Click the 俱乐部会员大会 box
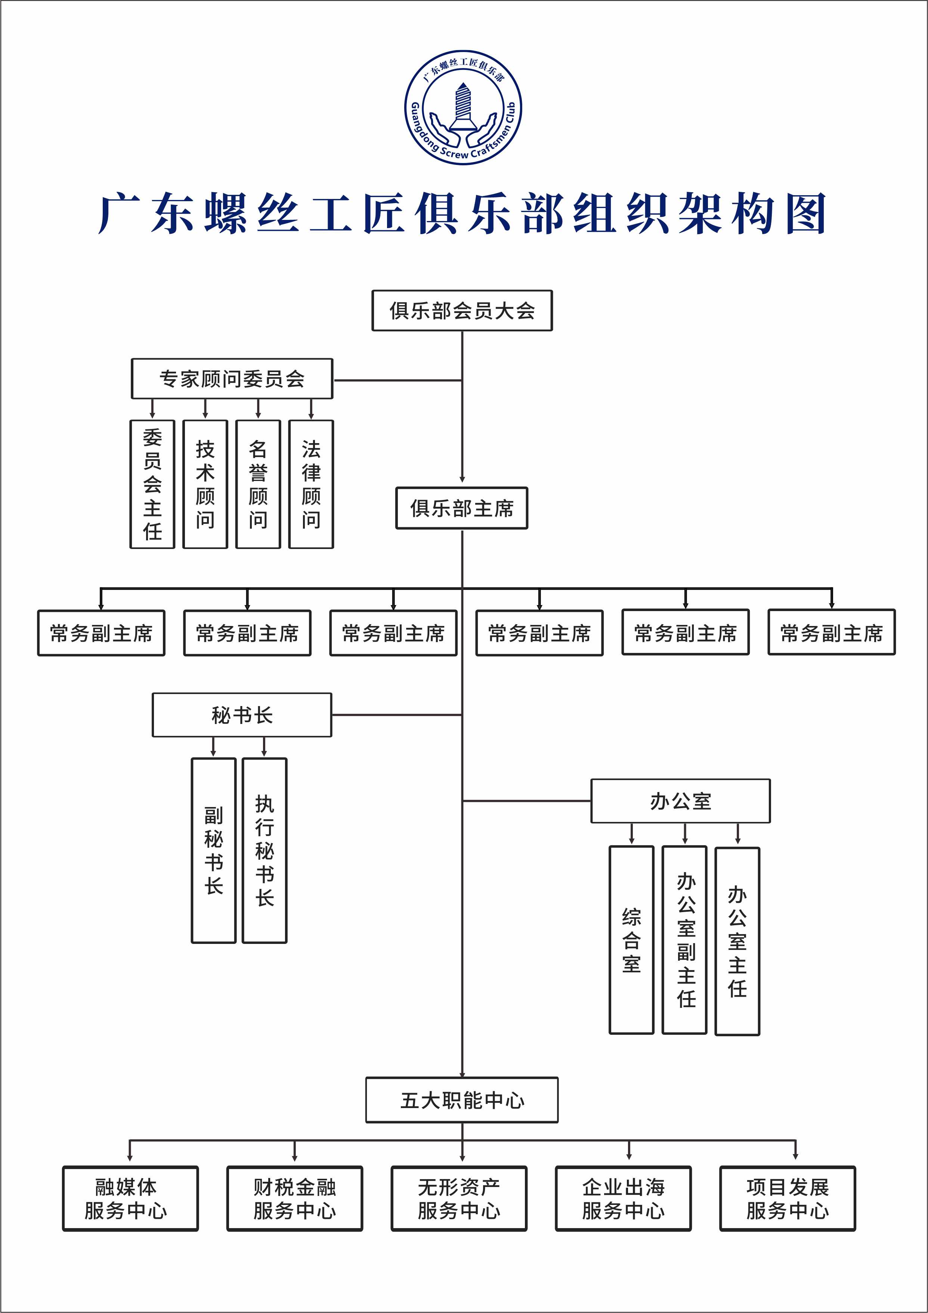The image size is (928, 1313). coord(462,310)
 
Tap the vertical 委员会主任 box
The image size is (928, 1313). coord(152,484)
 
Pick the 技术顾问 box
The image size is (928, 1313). coord(205,484)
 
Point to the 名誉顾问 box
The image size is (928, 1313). coord(258,484)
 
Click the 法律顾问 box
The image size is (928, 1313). coord(311,484)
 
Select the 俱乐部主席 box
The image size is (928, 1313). coord(462,508)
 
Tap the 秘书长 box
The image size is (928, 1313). coord(242,715)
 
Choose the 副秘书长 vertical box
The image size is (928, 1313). coord(213,850)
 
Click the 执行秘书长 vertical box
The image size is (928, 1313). coord(264,850)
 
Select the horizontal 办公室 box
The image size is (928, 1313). coord(680,801)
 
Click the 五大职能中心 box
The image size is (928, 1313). coord(462,1100)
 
